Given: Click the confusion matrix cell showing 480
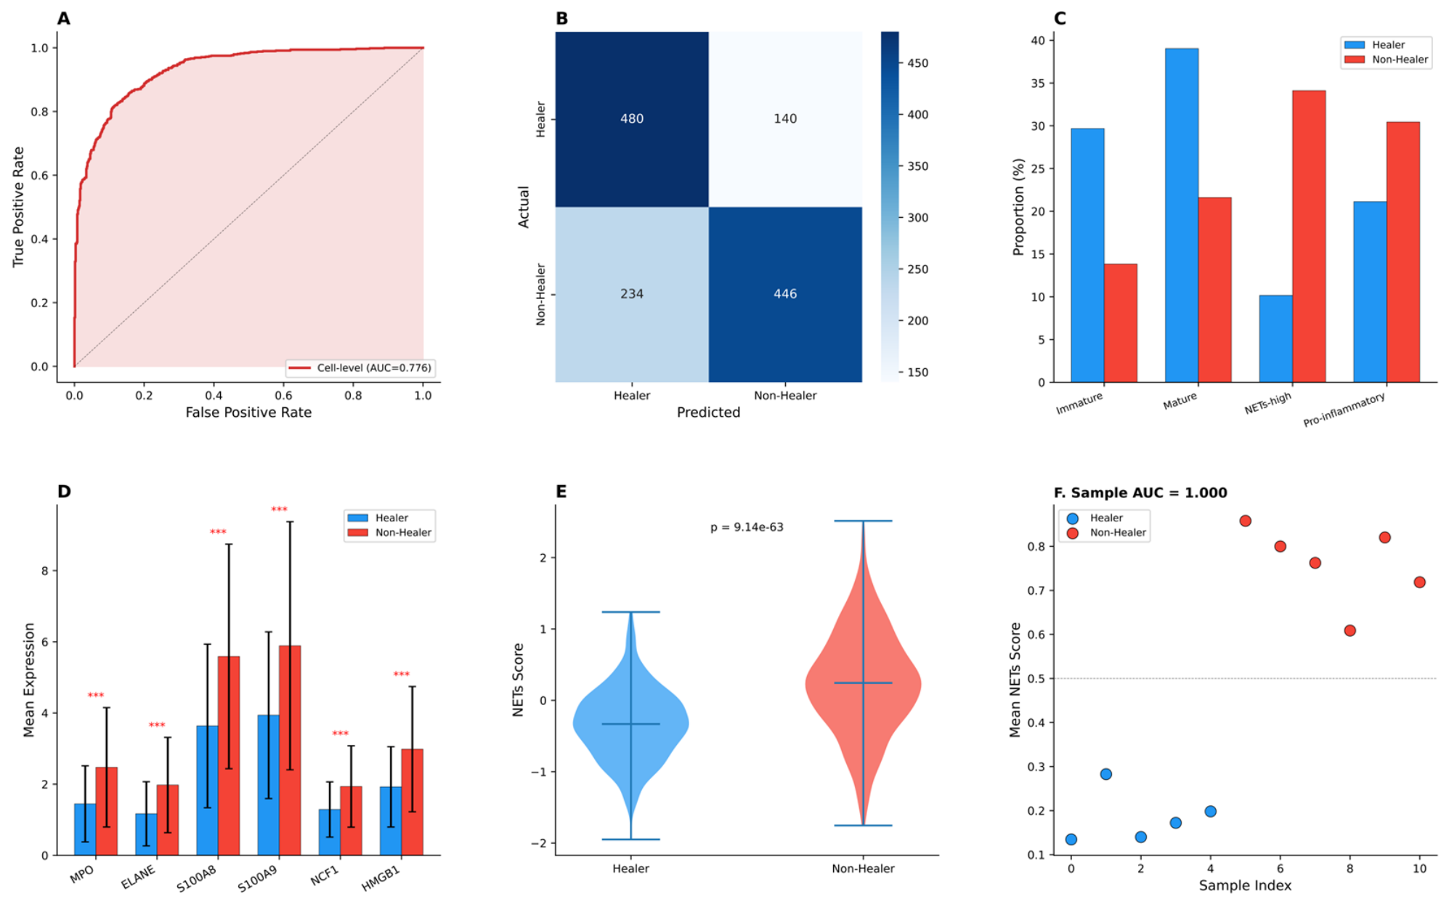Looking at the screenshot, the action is click(632, 119).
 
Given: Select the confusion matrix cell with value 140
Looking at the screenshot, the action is click(785, 119).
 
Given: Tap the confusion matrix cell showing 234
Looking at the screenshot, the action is click(632, 294).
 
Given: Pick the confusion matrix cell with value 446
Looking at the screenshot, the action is click(785, 294).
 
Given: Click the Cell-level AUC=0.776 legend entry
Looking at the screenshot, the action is click(360, 368).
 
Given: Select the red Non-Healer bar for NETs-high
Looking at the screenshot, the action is click(1309, 236).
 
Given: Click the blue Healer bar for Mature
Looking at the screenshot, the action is click(1182, 215).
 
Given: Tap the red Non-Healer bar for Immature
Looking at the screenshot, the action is click(1121, 323).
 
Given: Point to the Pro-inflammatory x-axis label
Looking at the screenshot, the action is click(1344, 410).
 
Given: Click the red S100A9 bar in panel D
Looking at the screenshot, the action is click(290, 750).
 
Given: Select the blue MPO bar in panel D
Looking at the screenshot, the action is click(85, 829).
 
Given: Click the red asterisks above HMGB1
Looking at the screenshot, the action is click(402, 675).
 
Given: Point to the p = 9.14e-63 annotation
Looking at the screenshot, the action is click(747, 527).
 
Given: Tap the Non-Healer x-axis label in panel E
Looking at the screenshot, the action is click(863, 868).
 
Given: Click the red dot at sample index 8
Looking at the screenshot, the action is click(1349, 630).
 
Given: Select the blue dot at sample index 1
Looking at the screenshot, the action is click(1106, 774).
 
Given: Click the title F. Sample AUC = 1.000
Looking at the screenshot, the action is click(1140, 493).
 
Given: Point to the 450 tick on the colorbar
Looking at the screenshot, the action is click(918, 63).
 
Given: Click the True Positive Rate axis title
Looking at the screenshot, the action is click(18, 207).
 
